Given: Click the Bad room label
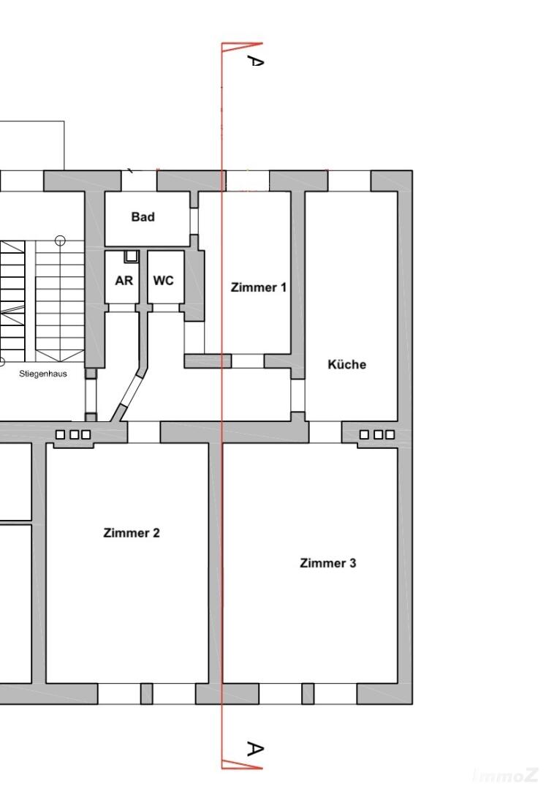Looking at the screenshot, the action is [143, 217].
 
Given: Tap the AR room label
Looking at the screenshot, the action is [124, 280].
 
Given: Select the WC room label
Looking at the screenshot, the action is [164, 280].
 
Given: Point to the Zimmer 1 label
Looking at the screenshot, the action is [259, 287].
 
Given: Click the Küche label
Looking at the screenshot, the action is [347, 364].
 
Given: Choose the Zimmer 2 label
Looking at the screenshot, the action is [132, 533].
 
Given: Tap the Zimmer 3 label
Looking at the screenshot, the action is [327, 563].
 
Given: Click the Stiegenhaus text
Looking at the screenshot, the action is [42, 374].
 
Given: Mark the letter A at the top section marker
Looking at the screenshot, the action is [255, 61].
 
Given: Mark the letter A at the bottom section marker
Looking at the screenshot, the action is [255, 750].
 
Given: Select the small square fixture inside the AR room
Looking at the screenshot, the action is [131, 256].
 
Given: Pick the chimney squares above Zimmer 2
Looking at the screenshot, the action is [73, 434].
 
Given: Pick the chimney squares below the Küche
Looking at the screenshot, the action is [377, 434].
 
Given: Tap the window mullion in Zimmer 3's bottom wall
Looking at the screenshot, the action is [308, 694].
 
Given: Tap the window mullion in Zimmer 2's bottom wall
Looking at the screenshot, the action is [146, 694].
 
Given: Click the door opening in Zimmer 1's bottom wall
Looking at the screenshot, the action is [248, 360].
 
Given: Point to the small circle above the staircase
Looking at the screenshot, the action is [61, 241].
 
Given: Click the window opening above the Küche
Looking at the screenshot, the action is [349, 181].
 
